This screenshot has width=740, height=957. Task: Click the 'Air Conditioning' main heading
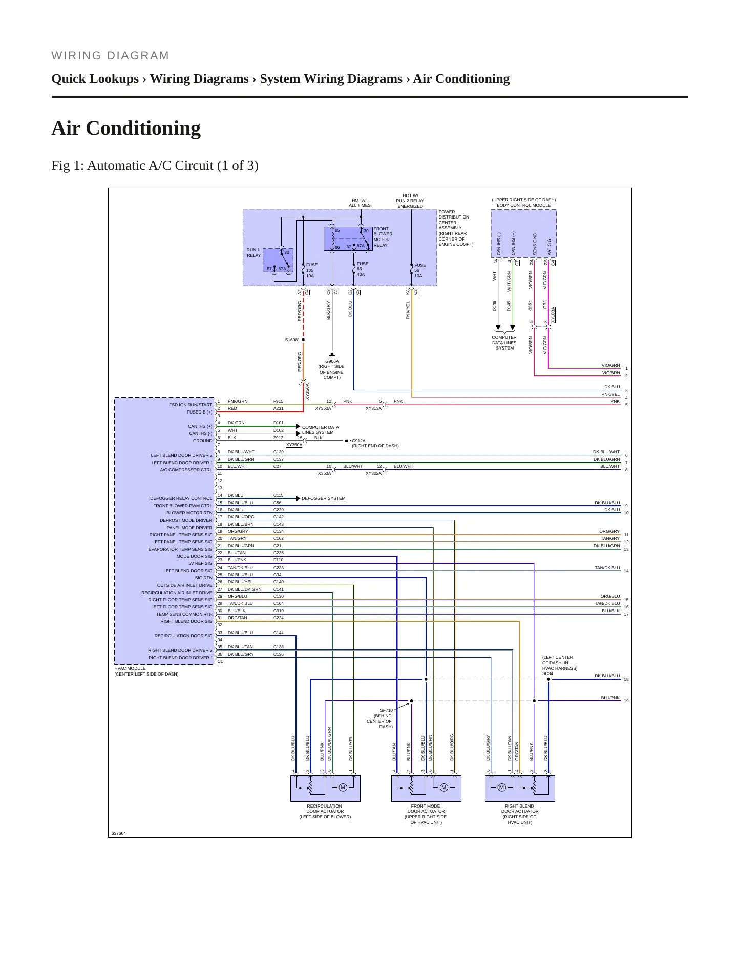126,128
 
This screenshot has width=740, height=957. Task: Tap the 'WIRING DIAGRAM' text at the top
110,55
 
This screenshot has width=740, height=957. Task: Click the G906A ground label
332,361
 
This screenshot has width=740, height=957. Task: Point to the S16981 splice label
292,340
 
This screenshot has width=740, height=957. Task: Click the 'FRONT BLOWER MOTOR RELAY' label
383,237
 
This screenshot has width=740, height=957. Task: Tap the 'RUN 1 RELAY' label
253,253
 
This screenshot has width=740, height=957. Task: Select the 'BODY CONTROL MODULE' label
523,205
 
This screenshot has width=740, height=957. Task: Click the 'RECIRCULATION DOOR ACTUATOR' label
325,811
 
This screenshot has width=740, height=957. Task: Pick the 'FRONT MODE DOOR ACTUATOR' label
426,814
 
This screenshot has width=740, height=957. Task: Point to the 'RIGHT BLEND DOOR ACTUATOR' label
519,814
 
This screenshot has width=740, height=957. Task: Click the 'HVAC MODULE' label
130,668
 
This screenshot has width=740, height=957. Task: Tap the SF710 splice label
386,710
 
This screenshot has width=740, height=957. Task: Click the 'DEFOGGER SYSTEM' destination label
323,498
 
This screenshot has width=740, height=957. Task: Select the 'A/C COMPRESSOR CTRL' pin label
186,470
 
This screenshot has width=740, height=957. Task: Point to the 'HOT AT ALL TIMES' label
360,203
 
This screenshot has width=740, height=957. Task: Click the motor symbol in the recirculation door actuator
343,787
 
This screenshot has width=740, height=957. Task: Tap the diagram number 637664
119,833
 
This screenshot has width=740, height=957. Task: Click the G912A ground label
358,441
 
